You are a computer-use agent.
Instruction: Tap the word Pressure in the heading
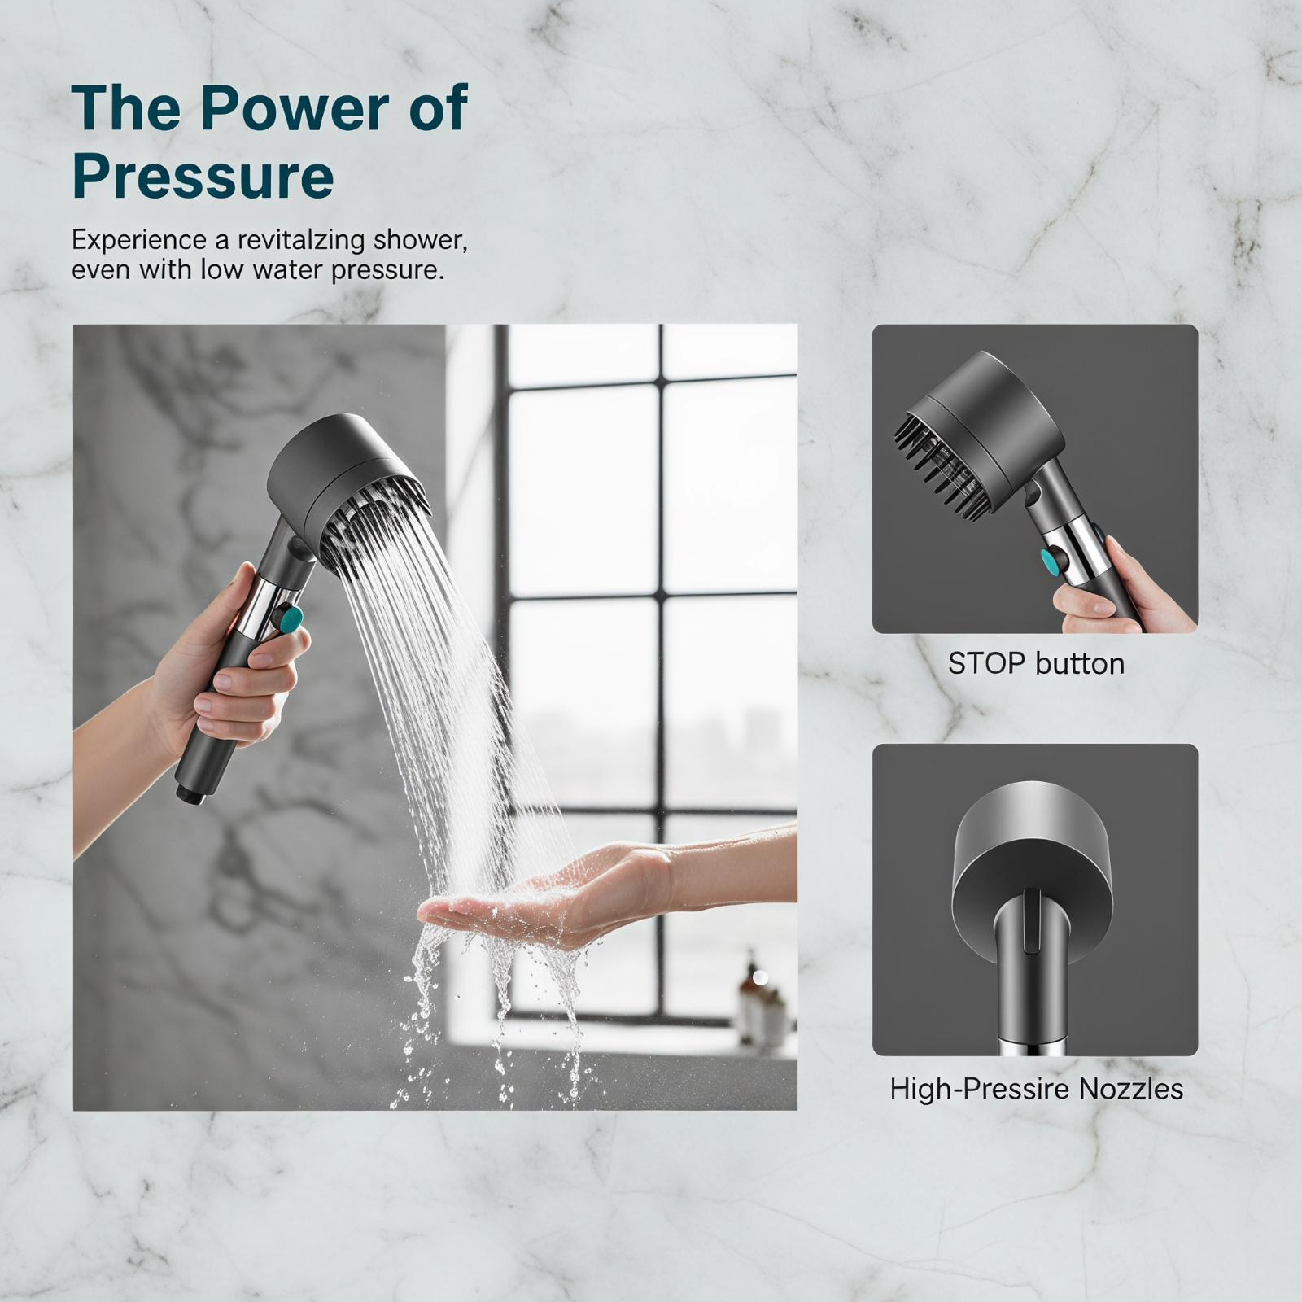click(203, 177)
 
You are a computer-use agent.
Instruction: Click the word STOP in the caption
click(986, 664)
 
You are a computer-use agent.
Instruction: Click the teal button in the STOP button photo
click(1053, 561)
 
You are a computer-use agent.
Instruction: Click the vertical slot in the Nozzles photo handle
click(1031, 920)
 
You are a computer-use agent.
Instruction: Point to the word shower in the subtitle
click(419, 241)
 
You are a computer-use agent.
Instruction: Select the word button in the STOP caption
click(1080, 664)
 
